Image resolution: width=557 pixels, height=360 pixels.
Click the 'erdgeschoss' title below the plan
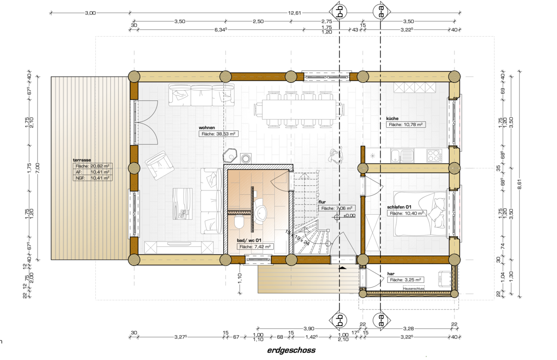291,350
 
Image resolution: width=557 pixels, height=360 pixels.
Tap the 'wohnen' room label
207,128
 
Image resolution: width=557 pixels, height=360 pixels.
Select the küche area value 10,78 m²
413,124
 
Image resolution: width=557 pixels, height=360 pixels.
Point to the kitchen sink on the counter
402,156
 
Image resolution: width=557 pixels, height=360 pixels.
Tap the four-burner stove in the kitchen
434,156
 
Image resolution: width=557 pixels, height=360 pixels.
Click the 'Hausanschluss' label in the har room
414,288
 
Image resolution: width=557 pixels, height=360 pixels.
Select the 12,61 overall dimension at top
294,13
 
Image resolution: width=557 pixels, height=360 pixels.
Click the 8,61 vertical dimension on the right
519,184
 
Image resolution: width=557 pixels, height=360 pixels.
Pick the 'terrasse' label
82,160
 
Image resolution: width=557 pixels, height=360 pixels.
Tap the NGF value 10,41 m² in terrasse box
100,178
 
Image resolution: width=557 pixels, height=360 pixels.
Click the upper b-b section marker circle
340,12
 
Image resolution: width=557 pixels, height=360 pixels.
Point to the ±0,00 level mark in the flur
349,216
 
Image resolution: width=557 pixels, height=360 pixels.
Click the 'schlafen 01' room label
399,207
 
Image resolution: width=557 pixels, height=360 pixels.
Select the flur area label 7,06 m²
337,208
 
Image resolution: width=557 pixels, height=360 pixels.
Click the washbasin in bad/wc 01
260,211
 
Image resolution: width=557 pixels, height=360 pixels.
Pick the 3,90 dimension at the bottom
309,329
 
